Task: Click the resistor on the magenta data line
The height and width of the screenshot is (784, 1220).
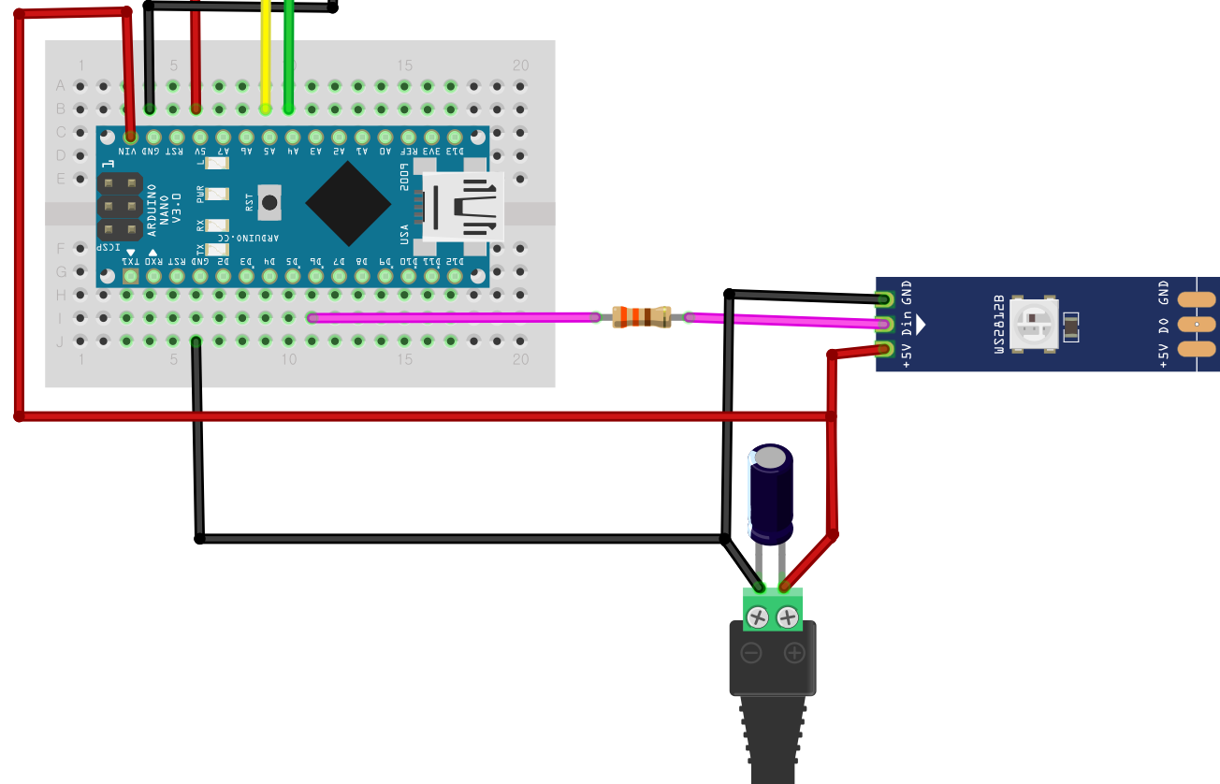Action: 641,317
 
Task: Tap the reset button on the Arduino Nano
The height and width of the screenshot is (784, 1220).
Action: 270,201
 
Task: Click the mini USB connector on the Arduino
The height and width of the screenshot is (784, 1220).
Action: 463,206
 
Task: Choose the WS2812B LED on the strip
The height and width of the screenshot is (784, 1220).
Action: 1037,325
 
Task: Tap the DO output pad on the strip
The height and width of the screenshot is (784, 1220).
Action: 1196,325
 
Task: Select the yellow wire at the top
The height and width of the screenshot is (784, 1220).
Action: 267,56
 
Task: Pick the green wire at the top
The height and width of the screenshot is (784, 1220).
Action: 289,56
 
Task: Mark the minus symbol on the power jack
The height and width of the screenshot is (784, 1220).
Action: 751,652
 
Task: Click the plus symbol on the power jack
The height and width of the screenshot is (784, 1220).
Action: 794,652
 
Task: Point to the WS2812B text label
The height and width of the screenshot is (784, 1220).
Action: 999,325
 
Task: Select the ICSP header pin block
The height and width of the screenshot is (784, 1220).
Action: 120,206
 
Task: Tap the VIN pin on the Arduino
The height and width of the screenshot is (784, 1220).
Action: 130,136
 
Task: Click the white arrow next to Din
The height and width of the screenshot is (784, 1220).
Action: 921,325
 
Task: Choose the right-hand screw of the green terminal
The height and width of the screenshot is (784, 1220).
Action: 788,617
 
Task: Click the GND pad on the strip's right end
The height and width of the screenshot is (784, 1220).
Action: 1196,300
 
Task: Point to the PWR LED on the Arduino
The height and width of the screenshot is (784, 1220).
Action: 216,195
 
